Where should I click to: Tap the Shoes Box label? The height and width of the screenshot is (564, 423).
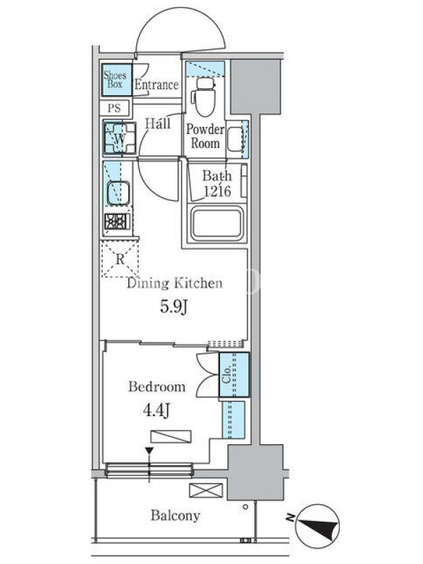(x=115, y=80)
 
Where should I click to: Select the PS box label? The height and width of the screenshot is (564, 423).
(x=114, y=108)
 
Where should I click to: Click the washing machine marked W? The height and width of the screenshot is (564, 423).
(x=120, y=138)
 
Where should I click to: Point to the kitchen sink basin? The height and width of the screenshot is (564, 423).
(x=118, y=193)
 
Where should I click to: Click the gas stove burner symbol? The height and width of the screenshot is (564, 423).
(x=117, y=222)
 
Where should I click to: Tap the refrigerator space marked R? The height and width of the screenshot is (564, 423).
(x=120, y=259)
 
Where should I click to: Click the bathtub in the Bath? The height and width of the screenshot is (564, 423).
(x=217, y=223)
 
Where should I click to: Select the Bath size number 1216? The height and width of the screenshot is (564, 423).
(x=217, y=191)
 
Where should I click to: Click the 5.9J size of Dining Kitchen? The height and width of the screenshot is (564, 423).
(x=174, y=307)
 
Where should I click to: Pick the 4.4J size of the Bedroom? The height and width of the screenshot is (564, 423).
(x=157, y=410)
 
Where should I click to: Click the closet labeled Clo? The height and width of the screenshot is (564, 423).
(x=234, y=374)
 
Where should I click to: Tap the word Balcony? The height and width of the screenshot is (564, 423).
(x=175, y=515)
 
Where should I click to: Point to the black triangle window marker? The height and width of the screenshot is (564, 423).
(x=149, y=450)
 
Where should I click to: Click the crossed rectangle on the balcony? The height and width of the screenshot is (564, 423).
(x=206, y=490)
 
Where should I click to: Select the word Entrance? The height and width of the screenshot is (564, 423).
(x=157, y=85)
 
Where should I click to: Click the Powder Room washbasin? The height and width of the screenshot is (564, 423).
(x=235, y=139)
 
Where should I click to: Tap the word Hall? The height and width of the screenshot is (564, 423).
(x=158, y=123)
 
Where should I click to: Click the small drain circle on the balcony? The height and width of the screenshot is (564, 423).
(x=245, y=507)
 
